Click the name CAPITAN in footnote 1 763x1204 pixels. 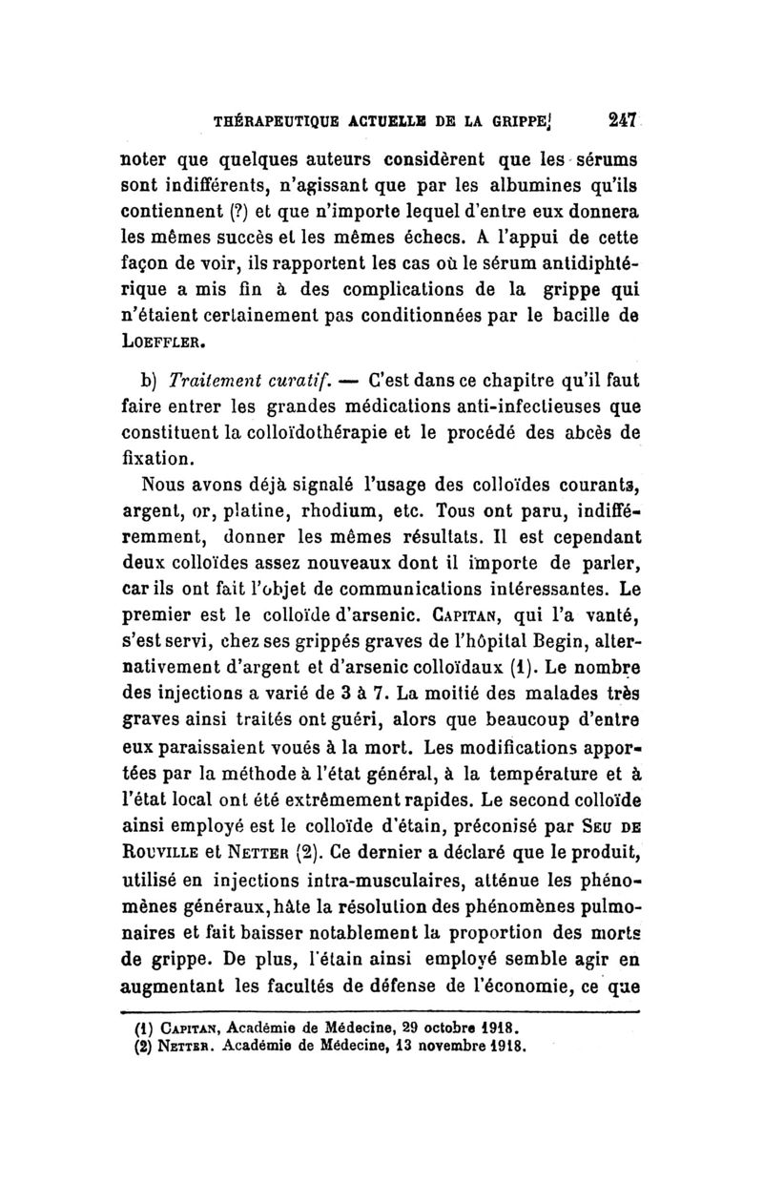[x=176, y=1028]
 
